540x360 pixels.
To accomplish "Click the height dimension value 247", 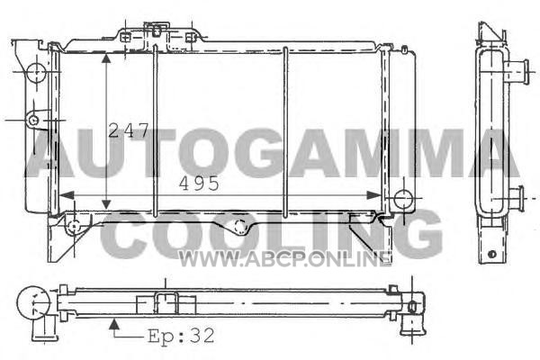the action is [128, 130].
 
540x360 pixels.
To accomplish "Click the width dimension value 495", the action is [199, 184].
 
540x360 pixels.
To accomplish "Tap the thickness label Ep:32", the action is [181, 335].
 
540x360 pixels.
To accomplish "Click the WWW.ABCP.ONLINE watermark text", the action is [284, 259].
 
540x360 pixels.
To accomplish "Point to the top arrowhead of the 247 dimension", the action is [106, 58].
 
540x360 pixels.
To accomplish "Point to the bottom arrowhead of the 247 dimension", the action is [106, 204].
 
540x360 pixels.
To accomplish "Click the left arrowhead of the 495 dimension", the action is [67, 195].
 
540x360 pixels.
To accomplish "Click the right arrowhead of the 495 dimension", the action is [373, 195].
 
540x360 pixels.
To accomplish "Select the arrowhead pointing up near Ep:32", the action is [114, 324].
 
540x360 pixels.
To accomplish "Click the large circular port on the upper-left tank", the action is [36, 73].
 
